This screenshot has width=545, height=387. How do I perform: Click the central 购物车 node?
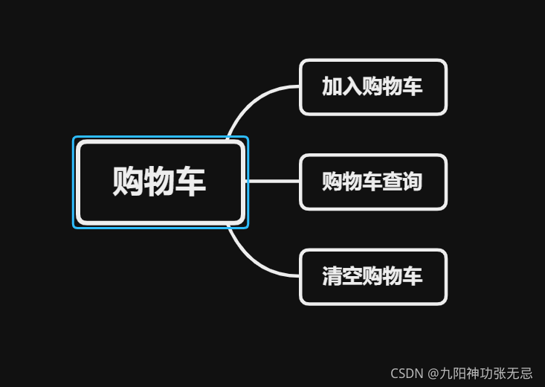coord(160,182)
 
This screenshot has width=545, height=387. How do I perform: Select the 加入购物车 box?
coord(373,87)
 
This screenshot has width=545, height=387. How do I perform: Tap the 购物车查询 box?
coord(373,182)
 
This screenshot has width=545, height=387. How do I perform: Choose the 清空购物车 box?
coord(373,277)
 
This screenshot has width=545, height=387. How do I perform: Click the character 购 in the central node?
coord(128,181)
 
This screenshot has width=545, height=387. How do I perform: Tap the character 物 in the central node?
coord(159,181)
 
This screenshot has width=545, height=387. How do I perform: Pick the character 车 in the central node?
coord(190,181)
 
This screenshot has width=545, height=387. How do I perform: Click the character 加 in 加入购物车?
coord(332,86)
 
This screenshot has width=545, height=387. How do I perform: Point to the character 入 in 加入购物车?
coord(352,86)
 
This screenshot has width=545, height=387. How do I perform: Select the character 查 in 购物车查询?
coord(393,182)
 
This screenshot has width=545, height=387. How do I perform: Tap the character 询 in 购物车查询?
coord(413,182)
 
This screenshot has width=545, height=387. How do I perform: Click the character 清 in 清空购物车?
coord(332,277)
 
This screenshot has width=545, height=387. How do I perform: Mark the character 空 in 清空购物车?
coord(352,277)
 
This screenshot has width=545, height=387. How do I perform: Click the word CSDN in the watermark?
coord(407,374)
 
